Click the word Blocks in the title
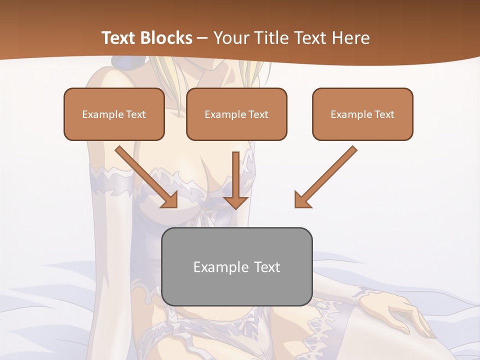click(167, 38)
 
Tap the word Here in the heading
click(351, 38)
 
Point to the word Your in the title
click(229, 38)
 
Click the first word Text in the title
click(120, 38)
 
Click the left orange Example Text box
click(114, 114)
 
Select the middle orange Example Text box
click(236, 114)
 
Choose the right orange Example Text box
click(362, 114)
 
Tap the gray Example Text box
click(236, 266)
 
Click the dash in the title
click(202, 38)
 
